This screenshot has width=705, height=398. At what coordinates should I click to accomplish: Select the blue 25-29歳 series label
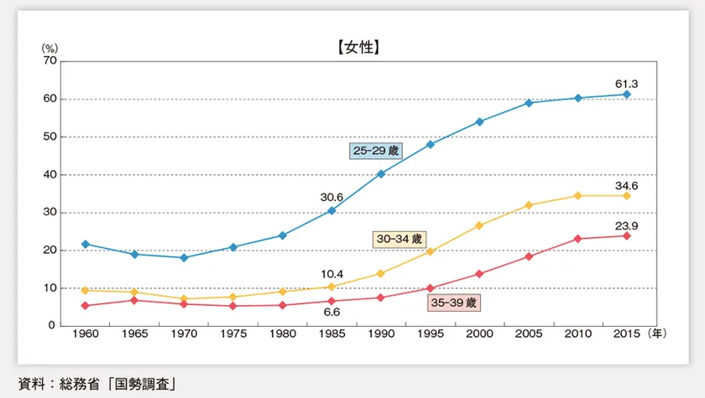[377, 151]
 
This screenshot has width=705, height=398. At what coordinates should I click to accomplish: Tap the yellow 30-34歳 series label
[399, 240]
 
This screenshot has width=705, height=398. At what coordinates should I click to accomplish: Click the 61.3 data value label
[627, 83]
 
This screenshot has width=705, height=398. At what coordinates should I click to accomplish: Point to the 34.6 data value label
[627, 183]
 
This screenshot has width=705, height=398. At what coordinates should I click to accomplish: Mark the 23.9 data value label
[627, 223]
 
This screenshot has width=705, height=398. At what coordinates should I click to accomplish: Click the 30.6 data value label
[332, 198]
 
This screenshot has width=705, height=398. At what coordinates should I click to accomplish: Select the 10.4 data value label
[332, 273]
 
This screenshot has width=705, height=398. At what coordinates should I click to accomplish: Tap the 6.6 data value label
[332, 313]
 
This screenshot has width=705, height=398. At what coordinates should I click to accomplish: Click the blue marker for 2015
[626, 95]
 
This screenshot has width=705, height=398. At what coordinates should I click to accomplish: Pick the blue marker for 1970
[185, 257]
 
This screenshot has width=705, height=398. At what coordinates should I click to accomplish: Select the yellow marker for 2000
[479, 225]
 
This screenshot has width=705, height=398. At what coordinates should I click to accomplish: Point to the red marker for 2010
[577, 239]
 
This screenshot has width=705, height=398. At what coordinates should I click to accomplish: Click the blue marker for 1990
[381, 173]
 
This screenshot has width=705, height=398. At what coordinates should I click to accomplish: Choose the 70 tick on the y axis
[50, 61]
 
